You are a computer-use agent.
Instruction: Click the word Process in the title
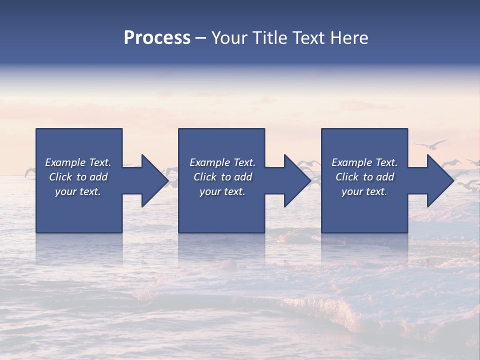[157, 38]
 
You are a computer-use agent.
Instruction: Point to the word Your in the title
[229, 38]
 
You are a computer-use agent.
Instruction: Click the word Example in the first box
[65, 162]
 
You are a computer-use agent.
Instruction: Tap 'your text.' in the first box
[78, 191]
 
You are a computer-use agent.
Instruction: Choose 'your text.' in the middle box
[222, 191]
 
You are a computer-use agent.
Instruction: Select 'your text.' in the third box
[364, 191]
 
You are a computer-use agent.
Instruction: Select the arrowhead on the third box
[440, 180]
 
